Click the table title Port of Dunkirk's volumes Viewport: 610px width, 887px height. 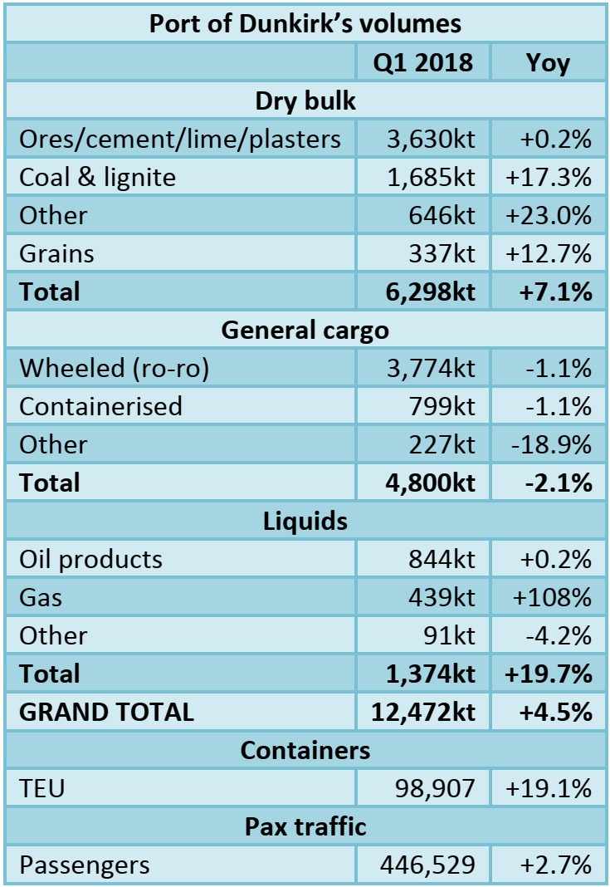pos(305,22)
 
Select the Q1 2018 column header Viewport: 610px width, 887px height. pos(423,62)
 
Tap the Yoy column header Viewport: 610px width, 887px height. pos(548,62)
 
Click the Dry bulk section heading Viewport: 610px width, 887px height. pos(305,100)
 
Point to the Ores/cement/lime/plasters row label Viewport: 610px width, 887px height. pos(180,139)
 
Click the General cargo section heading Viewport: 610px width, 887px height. pos(305,330)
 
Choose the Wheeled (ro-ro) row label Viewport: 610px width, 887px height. pos(114,368)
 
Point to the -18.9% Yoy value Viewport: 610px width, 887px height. pos(552,444)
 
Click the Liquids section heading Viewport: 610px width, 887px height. pos(305,521)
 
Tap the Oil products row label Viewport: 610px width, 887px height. pos(91,559)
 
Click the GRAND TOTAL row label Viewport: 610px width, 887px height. pos(106,712)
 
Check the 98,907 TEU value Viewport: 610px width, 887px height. pos(435,788)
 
